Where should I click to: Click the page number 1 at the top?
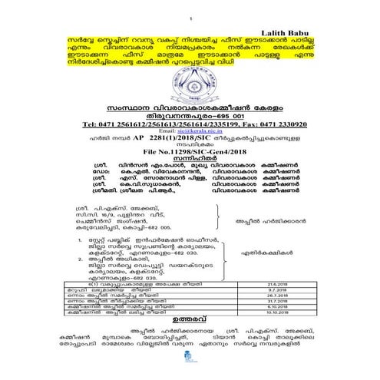190,15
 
